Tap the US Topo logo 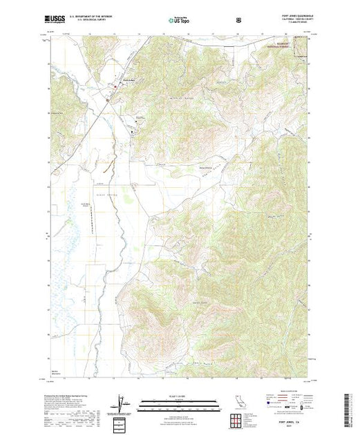pos(177,20)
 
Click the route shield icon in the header pos(238,20)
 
